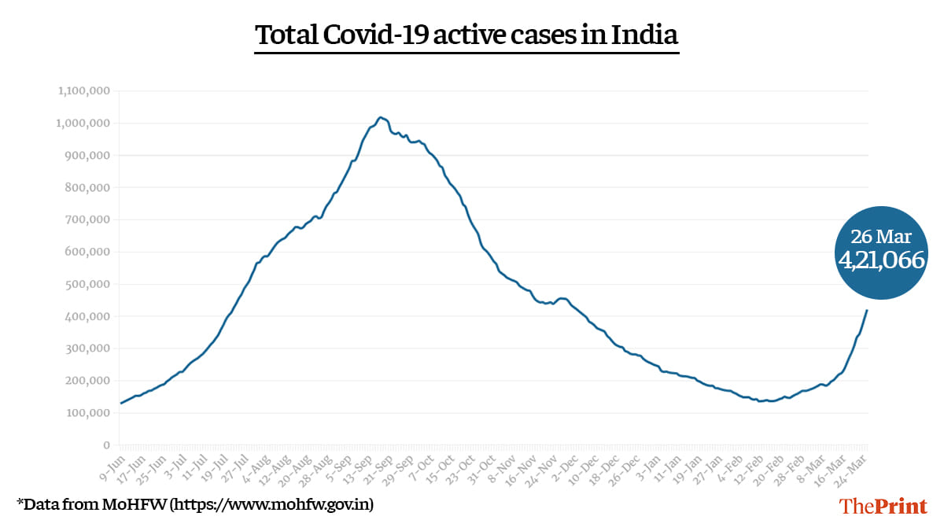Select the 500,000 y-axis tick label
coord(87,284)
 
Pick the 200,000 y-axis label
coord(87,381)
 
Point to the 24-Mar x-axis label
coord(854,467)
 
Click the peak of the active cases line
coord(381,117)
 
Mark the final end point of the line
coord(867,310)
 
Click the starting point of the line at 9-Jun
coord(120,403)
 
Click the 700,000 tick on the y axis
coord(87,219)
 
